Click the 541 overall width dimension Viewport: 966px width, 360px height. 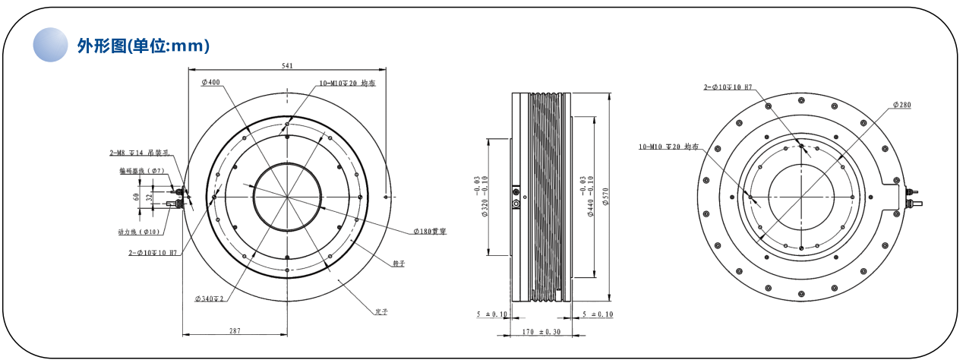pos(288,66)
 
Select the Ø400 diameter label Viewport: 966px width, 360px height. pos(211,82)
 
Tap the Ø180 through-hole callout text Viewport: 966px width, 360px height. pos(429,231)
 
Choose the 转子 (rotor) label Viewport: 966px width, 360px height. pos(399,264)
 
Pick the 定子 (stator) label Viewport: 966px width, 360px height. pos(381,312)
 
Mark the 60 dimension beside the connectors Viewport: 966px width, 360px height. pos(137,197)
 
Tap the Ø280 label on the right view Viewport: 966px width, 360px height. pos(901,104)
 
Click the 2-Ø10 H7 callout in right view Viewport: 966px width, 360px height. pos(728,87)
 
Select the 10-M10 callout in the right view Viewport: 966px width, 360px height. pos(668,147)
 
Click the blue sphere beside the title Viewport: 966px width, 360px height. pos(51,45)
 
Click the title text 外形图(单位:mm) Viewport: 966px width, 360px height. pos(143,46)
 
